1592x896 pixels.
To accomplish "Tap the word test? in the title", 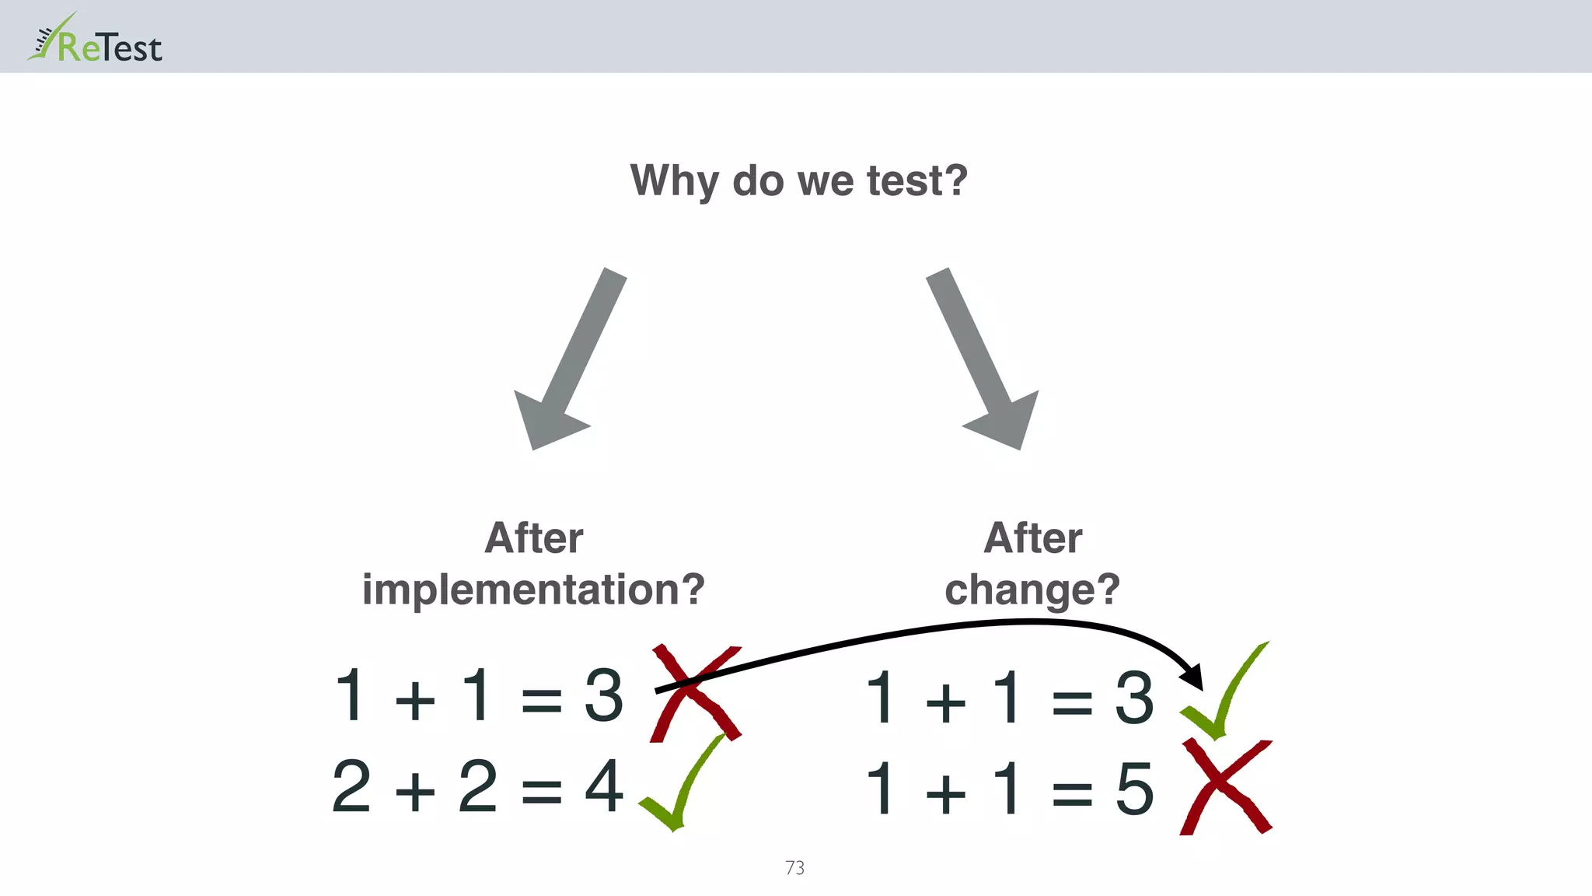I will [x=916, y=180].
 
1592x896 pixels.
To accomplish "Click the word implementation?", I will [x=533, y=589].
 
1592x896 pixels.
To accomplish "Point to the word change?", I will [x=1032, y=589].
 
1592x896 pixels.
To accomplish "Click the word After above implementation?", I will [x=533, y=537].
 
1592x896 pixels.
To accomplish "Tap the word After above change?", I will [x=1032, y=537].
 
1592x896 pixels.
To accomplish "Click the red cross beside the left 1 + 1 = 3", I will [x=695, y=693].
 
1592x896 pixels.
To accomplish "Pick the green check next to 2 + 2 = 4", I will [x=679, y=786].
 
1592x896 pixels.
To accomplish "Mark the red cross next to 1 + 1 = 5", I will [x=1225, y=787].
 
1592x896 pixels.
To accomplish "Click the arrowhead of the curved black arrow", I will [x=1192, y=677].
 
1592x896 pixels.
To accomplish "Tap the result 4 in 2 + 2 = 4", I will [x=604, y=786].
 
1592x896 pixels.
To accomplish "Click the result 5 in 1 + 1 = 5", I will [x=1134, y=789].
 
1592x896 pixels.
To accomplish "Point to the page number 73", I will [x=794, y=867].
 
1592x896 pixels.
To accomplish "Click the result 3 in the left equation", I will [x=604, y=695].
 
